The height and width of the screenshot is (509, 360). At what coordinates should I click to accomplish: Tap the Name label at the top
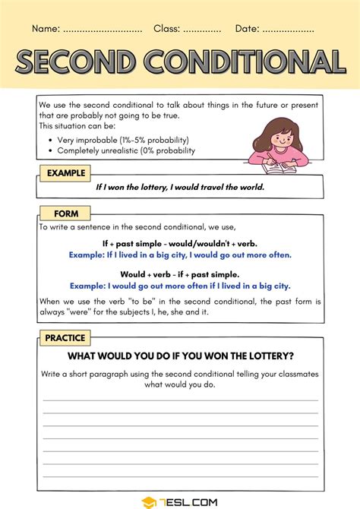[x=46, y=29]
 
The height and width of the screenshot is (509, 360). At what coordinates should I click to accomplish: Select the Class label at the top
[x=166, y=29]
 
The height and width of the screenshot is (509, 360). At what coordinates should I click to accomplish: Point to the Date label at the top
[x=247, y=29]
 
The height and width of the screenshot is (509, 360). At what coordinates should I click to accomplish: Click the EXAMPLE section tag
[x=65, y=173]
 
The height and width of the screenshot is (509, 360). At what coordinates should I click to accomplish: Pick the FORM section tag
[x=65, y=213]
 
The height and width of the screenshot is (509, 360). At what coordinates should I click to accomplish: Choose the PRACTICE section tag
[x=65, y=338]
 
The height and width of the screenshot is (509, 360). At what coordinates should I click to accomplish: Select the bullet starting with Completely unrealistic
[x=126, y=150]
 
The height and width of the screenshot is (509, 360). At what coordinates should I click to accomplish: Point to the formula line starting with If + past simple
[x=180, y=243]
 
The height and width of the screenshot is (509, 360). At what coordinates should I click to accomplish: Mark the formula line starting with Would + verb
[x=180, y=274]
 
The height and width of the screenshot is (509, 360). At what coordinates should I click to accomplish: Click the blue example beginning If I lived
[x=180, y=254]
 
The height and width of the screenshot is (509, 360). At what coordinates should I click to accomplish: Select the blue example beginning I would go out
[x=180, y=286]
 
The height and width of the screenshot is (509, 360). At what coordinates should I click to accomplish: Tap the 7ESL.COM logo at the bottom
[x=180, y=501]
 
